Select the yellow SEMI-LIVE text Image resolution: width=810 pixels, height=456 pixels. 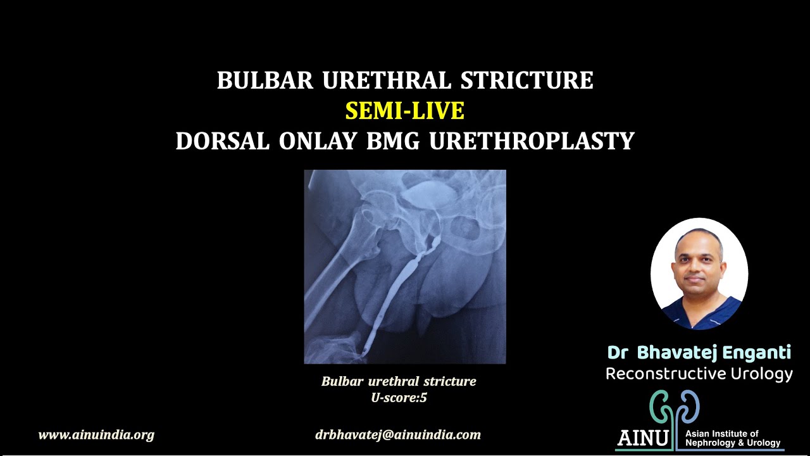click(x=405, y=111)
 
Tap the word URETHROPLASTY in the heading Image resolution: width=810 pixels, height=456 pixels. click(x=532, y=141)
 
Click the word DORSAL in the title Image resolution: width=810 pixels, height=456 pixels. click(x=223, y=141)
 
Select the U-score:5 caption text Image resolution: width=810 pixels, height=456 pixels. click(x=399, y=398)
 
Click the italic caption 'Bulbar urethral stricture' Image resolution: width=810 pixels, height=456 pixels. click(x=399, y=381)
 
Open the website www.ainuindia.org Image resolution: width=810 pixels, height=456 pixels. click(x=96, y=435)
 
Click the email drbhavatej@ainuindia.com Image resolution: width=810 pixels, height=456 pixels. click(x=398, y=435)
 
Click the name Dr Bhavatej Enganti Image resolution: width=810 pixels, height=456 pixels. click(x=699, y=352)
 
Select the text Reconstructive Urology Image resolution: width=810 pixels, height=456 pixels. click(x=699, y=374)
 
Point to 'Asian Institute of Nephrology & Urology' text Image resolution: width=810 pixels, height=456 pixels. click(x=733, y=438)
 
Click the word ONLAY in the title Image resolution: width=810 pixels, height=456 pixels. click(x=320, y=141)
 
